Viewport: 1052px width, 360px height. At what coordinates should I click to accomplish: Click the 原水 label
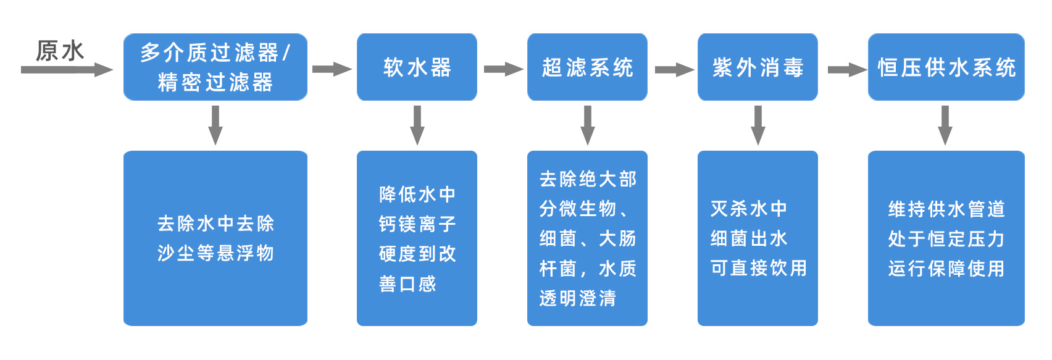(x=60, y=51)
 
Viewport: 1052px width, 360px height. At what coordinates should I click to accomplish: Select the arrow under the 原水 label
(x=67, y=70)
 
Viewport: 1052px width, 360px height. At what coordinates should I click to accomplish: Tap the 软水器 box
(x=417, y=67)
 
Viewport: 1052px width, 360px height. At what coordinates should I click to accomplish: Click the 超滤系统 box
(x=587, y=67)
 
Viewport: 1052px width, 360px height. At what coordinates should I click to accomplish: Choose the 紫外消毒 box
(x=758, y=67)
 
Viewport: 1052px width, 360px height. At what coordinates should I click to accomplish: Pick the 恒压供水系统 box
(x=946, y=67)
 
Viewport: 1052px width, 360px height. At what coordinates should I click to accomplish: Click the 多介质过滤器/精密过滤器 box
(x=215, y=67)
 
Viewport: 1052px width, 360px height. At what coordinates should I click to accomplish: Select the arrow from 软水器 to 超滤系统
(x=503, y=70)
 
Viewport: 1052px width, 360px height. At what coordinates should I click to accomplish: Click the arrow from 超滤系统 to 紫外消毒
(x=674, y=70)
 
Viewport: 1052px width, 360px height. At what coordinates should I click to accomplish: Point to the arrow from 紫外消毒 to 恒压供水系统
(x=846, y=70)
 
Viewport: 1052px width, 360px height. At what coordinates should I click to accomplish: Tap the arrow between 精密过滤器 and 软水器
(x=332, y=70)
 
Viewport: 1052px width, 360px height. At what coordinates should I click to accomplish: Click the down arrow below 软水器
(x=417, y=125)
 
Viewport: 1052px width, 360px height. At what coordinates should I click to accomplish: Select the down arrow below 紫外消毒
(x=758, y=125)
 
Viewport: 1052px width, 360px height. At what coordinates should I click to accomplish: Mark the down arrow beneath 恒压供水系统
(x=945, y=125)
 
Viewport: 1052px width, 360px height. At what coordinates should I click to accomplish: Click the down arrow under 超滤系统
(x=587, y=125)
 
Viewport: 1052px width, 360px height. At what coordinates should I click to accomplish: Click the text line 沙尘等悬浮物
(x=215, y=253)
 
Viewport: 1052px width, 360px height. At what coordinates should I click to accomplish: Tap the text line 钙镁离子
(x=417, y=224)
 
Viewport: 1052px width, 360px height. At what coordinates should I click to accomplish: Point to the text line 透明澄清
(x=578, y=298)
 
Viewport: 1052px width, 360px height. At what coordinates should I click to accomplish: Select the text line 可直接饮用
(x=759, y=268)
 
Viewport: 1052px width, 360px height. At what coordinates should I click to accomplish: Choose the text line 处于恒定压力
(x=946, y=239)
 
